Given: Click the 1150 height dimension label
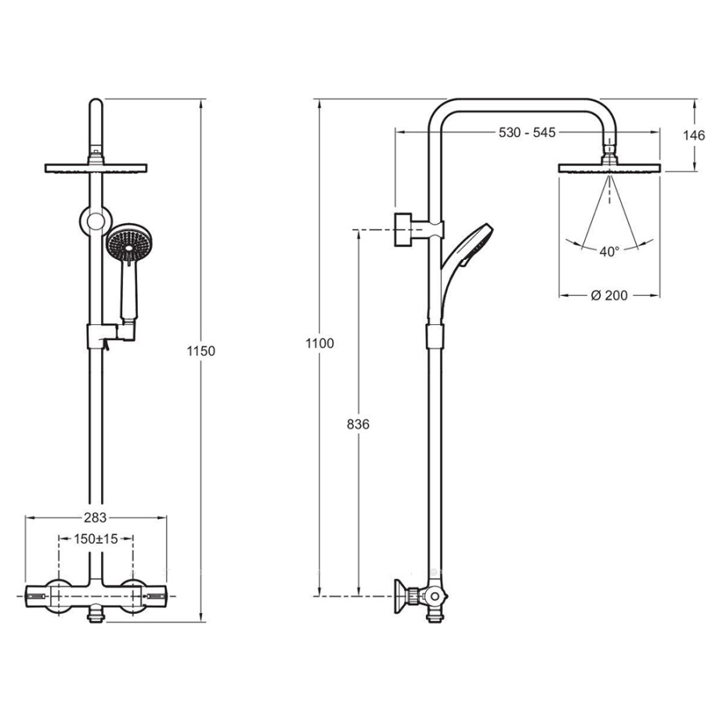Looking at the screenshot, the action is coord(201,351).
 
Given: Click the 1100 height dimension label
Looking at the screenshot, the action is coord(319,343).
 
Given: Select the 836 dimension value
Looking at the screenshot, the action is coord(359,424).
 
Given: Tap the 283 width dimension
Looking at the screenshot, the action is coord(95,517).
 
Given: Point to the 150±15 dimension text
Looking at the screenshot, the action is coord(96,538).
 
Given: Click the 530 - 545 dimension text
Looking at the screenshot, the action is coord(527,132).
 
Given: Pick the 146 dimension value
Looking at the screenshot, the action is coord(693,136).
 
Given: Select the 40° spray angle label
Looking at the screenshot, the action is coord(609,252).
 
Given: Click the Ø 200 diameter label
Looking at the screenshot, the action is coord(609,295).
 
